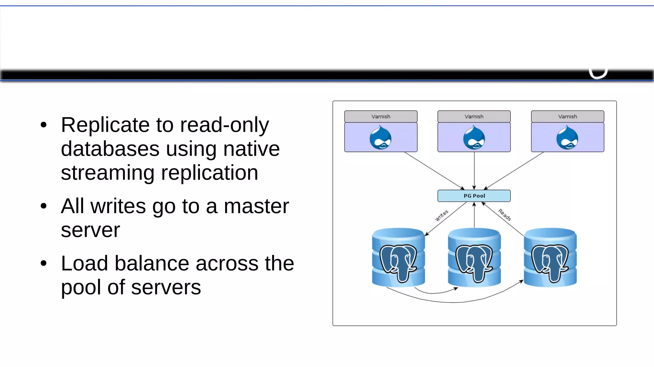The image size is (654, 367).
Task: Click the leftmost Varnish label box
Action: coord(381,116)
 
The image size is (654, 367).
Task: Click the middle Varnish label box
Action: coord(474,116)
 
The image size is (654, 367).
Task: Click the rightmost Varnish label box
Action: coord(567,116)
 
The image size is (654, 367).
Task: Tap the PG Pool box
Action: coord(474,196)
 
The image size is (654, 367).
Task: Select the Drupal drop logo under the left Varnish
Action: coord(380,138)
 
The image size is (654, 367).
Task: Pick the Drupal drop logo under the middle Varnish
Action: coord(474,138)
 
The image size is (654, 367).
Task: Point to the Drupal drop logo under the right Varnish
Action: coord(567,138)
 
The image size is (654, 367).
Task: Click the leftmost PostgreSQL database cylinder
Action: coord(398,257)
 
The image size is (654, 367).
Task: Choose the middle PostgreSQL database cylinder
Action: coord(474,257)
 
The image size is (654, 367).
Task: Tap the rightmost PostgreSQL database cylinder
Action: coord(550,257)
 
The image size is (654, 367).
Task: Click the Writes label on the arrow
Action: coord(442,215)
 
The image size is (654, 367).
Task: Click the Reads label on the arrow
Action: coord(505,214)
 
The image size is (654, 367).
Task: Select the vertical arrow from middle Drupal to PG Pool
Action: coord(474,171)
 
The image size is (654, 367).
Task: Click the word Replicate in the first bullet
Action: coord(105,125)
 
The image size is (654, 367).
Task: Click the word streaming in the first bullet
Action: coord(107,173)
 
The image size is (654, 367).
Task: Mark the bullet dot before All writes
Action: coord(44,206)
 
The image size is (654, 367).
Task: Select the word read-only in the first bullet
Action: coord(224,125)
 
